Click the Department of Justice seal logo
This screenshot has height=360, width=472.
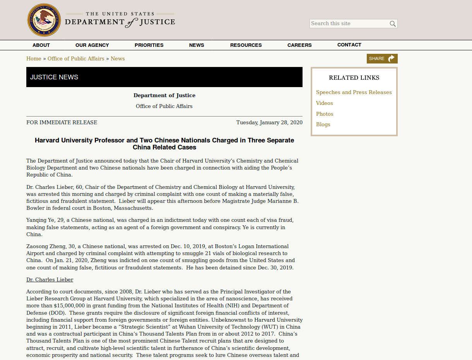(x=44, y=20)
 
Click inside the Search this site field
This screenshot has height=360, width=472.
(x=348, y=24)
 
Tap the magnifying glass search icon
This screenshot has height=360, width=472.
(x=393, y=24)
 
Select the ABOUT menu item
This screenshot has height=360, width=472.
(x=41, y=45)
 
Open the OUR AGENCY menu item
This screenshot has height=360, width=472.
(x=92, y=45)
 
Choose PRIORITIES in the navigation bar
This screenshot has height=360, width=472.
(x=149, y=45)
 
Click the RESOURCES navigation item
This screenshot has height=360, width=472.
(x=246, y=45)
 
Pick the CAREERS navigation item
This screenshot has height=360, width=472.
(x=299, y=45)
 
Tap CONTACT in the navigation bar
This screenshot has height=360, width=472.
(x=349, y=45)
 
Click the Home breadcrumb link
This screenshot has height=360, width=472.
(x=34, y=59)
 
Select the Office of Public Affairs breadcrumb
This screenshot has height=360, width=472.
(x=76, y=59)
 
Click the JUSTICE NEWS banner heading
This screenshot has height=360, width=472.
(x=54, y=77)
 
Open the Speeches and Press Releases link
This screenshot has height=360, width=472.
(x=354, y=93)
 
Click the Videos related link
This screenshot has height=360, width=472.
(x=324, y=103)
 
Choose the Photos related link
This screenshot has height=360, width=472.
(x=325, y=114)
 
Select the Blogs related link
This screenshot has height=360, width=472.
(x=323, y=125)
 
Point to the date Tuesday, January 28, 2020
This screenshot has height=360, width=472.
(x=269, y=123)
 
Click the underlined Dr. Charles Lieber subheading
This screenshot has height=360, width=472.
(x=50, y=280)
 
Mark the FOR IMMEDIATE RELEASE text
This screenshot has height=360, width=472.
(x=62, y=123)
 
